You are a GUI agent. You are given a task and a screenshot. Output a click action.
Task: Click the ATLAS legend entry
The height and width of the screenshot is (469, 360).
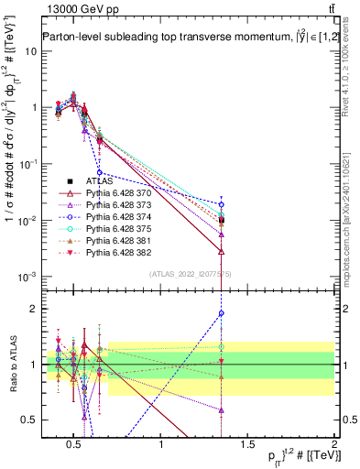coord(98,181)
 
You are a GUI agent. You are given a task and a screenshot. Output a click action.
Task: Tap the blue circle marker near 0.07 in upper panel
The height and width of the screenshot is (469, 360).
coord(101,172)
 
